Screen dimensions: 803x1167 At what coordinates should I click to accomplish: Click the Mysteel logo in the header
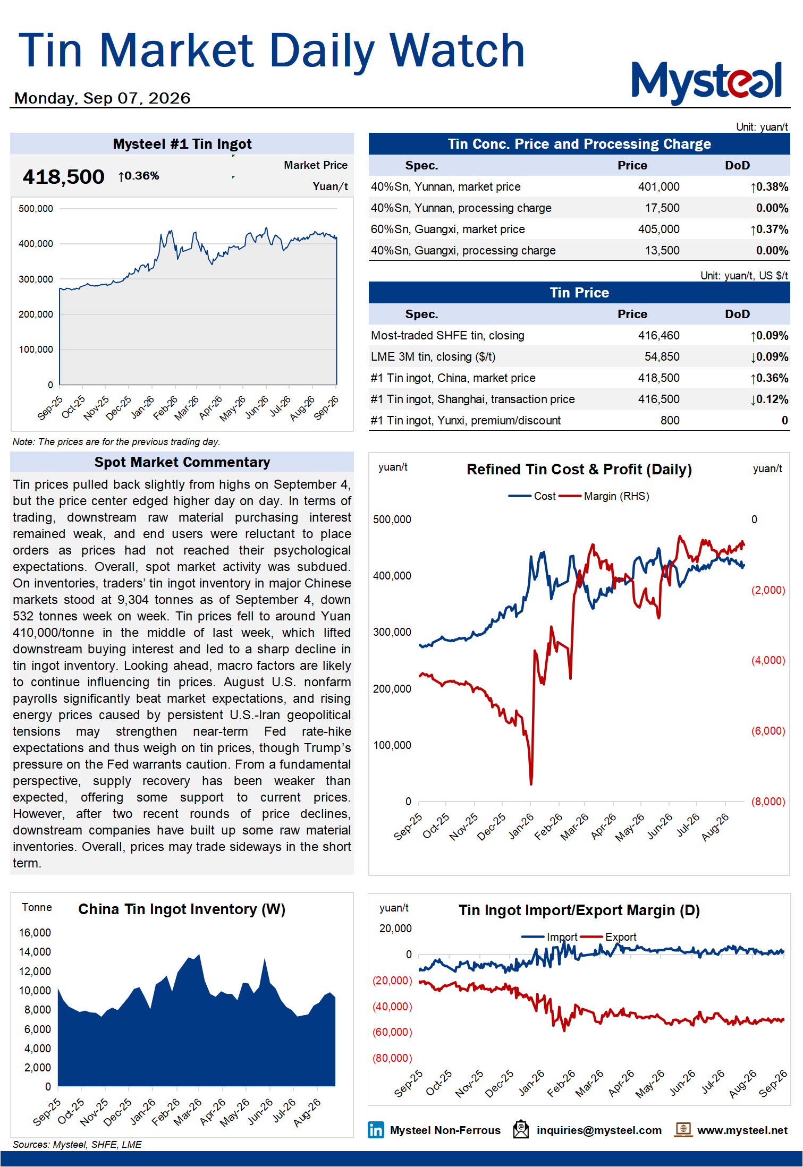point(707,82)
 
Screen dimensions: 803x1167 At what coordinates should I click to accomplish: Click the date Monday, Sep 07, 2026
point(102,98)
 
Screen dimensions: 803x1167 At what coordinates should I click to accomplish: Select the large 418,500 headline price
point(63,177)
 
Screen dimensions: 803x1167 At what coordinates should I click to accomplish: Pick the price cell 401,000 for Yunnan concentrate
point(658,187)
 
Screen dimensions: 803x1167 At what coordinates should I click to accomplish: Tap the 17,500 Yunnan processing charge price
point(662,208)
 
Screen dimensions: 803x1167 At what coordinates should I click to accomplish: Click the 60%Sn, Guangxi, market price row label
point(447,229)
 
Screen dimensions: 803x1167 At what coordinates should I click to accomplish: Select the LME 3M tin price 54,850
point(662,357)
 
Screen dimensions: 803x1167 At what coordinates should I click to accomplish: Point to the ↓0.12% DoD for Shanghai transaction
point(769,399)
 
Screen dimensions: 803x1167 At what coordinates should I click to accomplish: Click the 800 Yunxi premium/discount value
point(670,421)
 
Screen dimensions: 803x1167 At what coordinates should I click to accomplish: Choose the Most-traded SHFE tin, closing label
point(447,336)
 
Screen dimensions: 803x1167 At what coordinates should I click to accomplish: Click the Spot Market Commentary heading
point(182,462)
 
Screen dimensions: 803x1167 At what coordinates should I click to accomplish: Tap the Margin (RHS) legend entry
point(604,496)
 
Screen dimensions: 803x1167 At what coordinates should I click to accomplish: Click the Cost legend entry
point(532,496)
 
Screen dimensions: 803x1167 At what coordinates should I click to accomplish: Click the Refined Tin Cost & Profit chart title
point(579,470)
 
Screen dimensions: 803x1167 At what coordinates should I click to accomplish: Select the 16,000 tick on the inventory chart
point(35,933)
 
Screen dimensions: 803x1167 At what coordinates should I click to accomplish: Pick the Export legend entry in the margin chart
point(608,937)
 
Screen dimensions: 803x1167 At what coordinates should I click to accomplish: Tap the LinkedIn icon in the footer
point(376,1130)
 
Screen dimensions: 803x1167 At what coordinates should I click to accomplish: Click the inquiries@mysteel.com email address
point(599,1130)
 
